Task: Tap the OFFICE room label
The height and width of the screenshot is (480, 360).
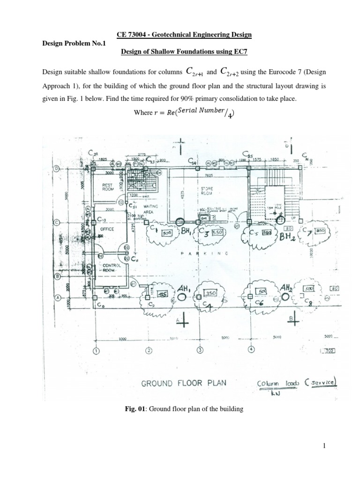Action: [x=107, y=229]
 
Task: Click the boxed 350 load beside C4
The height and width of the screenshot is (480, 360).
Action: [x=210, y=292]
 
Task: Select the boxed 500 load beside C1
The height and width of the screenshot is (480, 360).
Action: [x=167, y=233]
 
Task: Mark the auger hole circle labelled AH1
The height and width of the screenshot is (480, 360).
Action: [x=180, y=297]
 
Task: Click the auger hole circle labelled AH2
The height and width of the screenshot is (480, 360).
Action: [x=285, y=297]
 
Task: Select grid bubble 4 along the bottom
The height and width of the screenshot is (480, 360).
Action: [x=250, y=350]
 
